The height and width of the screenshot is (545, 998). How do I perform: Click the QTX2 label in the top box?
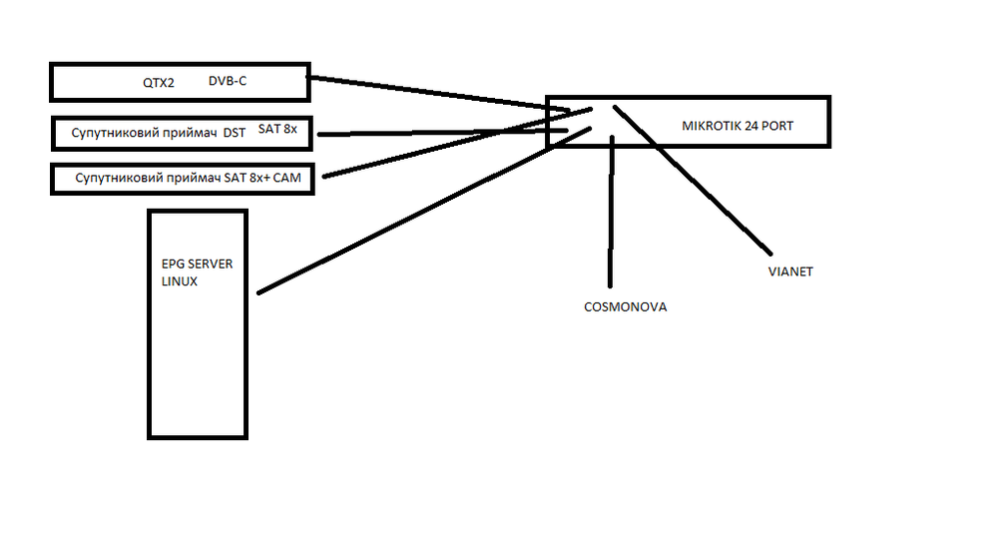[159, 83]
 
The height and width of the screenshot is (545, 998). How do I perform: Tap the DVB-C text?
[228, 80]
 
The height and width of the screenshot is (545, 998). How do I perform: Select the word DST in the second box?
[234, 132]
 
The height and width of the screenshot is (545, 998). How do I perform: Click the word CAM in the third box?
[284, 178]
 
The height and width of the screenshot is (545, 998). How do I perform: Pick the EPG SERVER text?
[197, 264]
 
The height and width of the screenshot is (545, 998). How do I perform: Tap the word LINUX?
[180, 281]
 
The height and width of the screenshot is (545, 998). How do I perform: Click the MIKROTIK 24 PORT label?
[738, 127]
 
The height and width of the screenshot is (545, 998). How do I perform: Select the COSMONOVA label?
[625, 307]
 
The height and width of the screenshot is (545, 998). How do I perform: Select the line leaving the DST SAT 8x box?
[439, 132]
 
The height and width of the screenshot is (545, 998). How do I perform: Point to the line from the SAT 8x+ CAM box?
[439, 155]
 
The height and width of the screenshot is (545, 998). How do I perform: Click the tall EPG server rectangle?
[197, 369]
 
